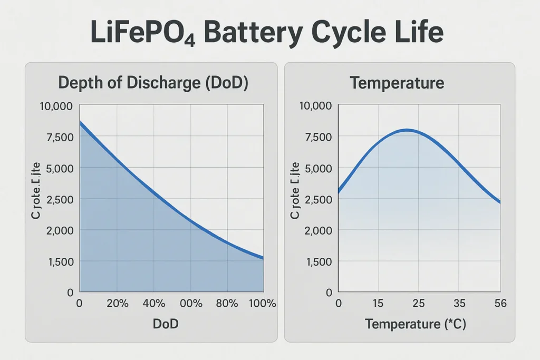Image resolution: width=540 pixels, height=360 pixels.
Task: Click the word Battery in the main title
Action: pyautogui.click(x=253, y=33)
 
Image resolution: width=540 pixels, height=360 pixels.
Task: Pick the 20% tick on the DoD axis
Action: pyautogui.click(x=117, y=304)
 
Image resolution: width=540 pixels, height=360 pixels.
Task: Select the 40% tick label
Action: pyautogui.click(x=154, y=304)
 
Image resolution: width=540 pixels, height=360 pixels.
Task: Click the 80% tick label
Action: pyautogui.click(x=227, y=304)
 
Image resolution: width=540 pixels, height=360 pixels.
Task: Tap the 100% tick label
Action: pyautogui.click(x=262, y=304)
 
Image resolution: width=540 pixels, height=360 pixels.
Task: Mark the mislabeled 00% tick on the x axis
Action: pyautogui.click(x=191, y=304)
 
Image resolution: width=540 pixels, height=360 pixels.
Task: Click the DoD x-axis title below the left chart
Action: pyautogui.click(x=165, y=324)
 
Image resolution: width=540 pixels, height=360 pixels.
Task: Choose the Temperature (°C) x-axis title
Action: pyautogui.click(x=416, y=324)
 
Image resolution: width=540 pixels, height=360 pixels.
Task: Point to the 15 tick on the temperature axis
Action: pyautogui.click(x=378, y=304)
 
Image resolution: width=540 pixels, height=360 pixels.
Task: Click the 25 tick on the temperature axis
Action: pyautogui.click(x=418, y=304)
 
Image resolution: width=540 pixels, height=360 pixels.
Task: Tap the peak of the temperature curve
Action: pyautogui.click(x=407, y=130)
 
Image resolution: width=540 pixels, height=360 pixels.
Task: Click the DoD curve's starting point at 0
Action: pyautogui.click(x=80, y=122)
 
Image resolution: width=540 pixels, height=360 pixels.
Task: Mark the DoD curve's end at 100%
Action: pyautogui.click(x=263, y=258)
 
